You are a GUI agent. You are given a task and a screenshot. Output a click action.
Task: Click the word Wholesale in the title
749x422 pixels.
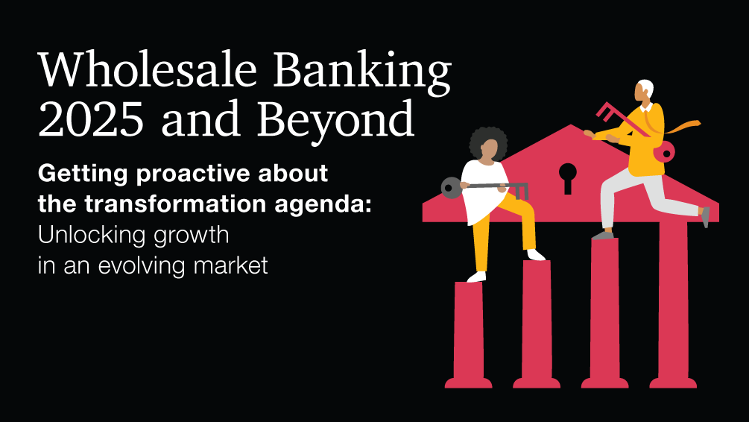click(x=148, y=69)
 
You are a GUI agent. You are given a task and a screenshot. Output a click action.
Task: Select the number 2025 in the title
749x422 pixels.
click(x=91, y=119)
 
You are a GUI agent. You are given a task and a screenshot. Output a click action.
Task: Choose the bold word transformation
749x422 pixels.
click(x=175, y=204)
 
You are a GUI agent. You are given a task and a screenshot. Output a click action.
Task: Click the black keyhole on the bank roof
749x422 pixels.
click(x=567, y=177)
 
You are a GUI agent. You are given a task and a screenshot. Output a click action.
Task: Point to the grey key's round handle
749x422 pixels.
click(x=451, y=187)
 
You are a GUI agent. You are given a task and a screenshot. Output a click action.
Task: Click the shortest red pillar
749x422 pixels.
click(x=468, y=335)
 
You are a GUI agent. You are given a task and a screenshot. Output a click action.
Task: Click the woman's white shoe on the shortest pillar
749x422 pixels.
click(x=476, y=277)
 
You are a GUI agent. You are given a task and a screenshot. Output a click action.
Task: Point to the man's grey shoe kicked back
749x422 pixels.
click(x=705, y=216)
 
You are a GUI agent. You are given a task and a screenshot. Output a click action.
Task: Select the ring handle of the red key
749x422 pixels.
click(x=664, y=152)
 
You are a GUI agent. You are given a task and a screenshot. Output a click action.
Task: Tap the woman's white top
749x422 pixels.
click(x=484, y=191)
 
